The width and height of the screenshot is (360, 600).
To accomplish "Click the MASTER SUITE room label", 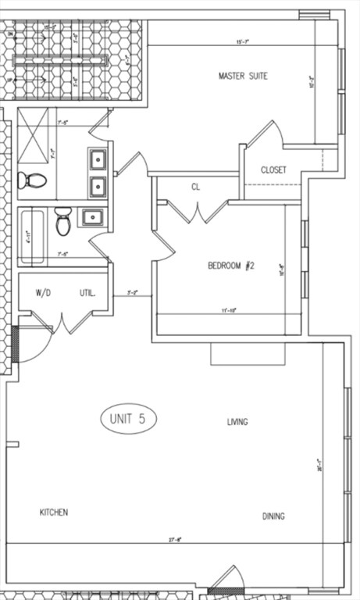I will point(243,76).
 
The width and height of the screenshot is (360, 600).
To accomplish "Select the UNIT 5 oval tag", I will point(129,419).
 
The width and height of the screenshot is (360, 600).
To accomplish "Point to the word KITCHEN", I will point(54,512).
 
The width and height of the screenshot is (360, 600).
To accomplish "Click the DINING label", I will point(273,516).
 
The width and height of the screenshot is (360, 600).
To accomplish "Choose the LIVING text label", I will point(237,422).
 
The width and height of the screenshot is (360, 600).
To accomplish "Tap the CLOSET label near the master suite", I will point(273,170).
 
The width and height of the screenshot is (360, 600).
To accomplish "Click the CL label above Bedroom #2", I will point(196,187).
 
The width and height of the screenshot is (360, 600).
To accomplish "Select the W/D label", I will point(42,293).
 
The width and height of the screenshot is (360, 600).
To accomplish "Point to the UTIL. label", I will point(87,293).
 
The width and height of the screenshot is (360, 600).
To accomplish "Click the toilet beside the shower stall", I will point(32,180).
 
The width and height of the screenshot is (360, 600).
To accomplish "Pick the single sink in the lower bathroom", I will point(91,217).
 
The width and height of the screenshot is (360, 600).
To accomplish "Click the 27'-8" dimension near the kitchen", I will point(175,539).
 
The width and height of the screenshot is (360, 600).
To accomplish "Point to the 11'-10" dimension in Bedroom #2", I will point(229,310).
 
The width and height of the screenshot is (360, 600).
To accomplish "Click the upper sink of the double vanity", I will point(98,159).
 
